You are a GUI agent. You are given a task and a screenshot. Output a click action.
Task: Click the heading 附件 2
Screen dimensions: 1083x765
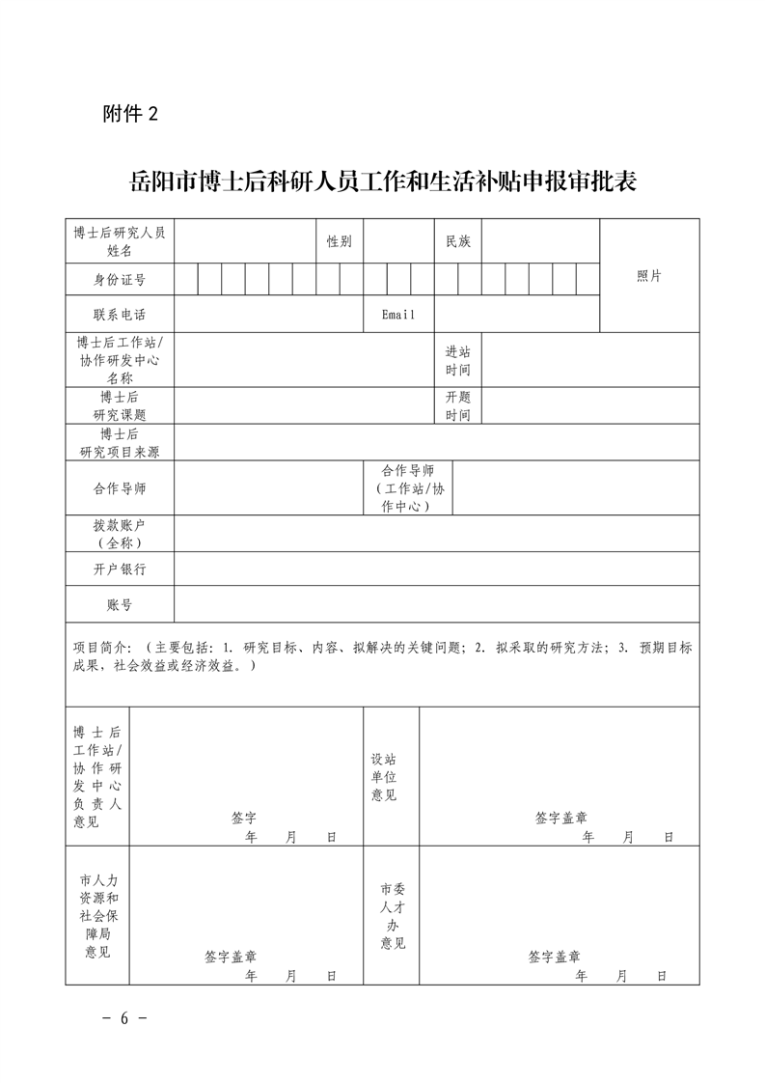click(x=129, y=114)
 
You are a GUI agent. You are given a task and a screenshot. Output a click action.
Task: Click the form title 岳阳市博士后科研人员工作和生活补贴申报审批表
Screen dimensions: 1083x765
click(x=383, y=181)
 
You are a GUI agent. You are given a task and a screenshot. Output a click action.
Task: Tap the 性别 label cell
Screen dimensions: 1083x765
click(x=340, y=241)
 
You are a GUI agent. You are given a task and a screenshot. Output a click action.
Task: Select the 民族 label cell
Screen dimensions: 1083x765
click(x=457, y=241)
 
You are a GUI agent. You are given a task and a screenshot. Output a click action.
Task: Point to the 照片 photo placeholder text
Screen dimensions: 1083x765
click(x=649, y=276)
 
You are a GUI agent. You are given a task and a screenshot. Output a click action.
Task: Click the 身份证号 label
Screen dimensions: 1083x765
click(x=120, y=280)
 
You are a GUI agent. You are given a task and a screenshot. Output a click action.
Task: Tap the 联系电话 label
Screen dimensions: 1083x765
click(x=120, y=315)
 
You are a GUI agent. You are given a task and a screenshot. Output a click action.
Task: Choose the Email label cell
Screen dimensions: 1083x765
click(x=397, y=315)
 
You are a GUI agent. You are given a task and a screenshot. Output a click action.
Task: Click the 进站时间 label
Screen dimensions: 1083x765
click(x=457, y=360)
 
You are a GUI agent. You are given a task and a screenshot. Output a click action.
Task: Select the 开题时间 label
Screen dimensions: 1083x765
click(x=457, y=405)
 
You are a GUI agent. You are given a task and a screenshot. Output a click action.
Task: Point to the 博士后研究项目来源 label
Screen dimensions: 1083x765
click(x=120, y=442)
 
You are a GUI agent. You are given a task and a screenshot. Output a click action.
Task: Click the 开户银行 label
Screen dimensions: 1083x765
click(x=120, y=569)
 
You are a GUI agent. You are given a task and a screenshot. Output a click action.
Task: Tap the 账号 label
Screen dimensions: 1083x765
click(x=120, y=604)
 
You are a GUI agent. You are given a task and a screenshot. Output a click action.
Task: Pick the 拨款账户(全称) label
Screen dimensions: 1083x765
click(x=120, y=533)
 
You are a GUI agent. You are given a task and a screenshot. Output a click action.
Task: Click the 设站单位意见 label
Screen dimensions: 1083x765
click(x=384, y=777)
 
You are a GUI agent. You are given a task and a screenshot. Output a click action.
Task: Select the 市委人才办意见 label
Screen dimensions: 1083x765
click(x=393, y=915)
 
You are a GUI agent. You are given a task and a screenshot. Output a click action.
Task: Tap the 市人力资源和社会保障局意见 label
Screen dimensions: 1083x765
click(x=97, y=916)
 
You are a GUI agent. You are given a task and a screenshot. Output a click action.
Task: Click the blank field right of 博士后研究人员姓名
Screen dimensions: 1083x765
click(x=245, y=241)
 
